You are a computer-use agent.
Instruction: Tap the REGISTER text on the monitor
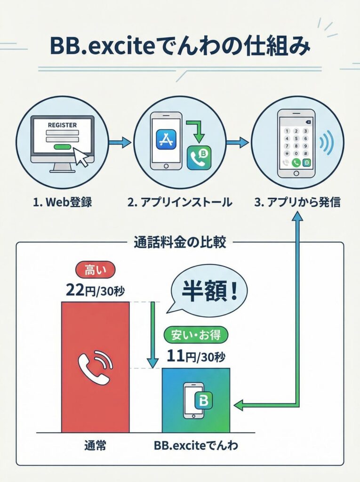tap(62, 125)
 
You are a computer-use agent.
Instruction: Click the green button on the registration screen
tap(63, 147)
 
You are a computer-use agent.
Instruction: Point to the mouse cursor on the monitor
tap(82, 159)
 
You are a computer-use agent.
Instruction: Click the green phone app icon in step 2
tap(198, 158)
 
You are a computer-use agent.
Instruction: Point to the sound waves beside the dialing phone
tap(328, 142)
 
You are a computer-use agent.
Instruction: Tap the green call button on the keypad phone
tap(296, 163)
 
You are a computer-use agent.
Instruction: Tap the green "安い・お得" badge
tap(196, 335)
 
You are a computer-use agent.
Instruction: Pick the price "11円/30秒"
tap(196, 356)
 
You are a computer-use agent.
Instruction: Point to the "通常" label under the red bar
tap(96, 445)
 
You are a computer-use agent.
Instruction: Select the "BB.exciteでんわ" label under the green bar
tap(196, 445)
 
